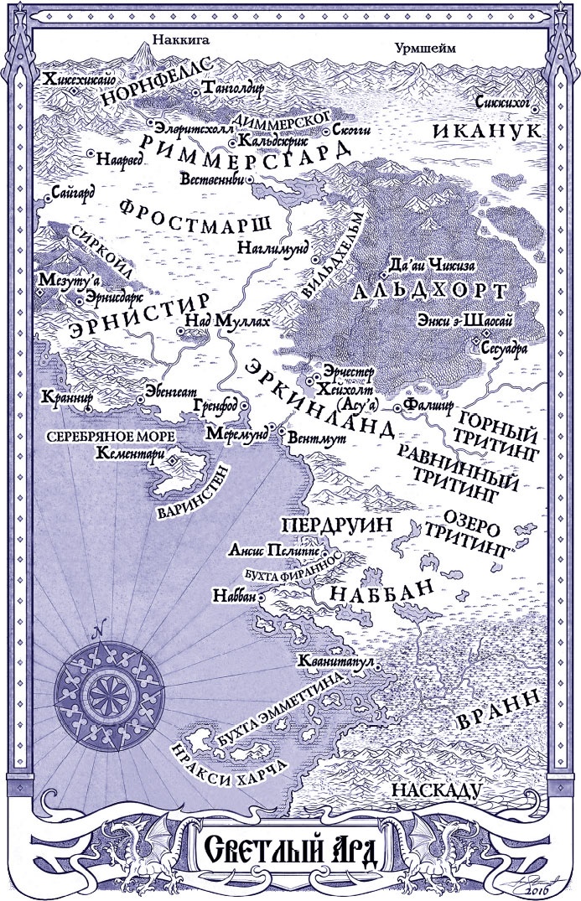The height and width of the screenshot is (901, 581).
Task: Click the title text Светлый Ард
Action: coord(291,852)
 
